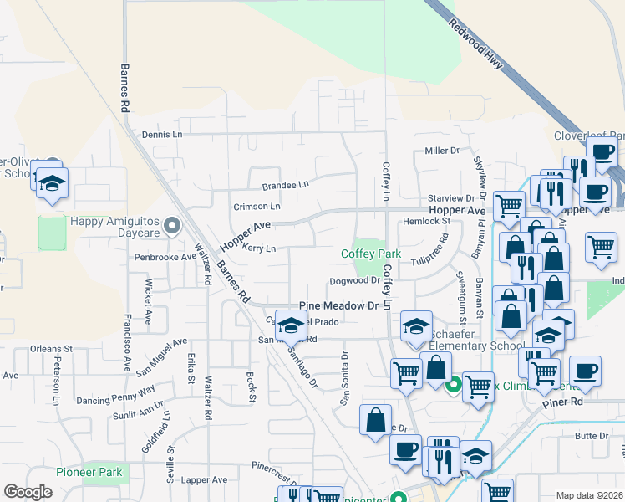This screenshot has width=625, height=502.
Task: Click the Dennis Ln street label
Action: pyautogui.click(x=161, y=135)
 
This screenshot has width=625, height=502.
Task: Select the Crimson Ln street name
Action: pyautogui.click(x=257, y=206)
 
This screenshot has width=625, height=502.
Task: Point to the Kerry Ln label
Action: pyautogui.click(x=258, y=248)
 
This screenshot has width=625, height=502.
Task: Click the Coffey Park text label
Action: pyautogui.click(x=371, y=254)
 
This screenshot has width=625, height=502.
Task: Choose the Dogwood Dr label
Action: pyautogui.click(x=354, y=281)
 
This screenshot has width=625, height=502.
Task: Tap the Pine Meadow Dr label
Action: pyautogui.click(x=338, y=307)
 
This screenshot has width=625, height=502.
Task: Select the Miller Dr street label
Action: pyautogui.click(x=442, y=151)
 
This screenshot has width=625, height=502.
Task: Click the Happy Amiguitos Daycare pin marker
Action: pyautogui.click(x=173, y=224)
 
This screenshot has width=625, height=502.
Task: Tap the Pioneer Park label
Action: pyautogui.click(x=89, y=473)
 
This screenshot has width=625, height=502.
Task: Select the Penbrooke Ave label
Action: pyautogui.click(x=165, y=257)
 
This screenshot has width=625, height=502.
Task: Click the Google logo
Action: pyautogui.click(x=28, y=492)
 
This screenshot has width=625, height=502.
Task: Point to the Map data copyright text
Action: pyautogui.click(x=588, y=495)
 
